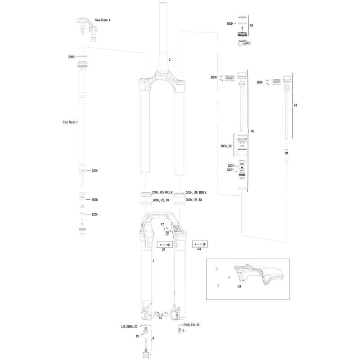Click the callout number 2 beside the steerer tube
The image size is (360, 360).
pyautogui.click(x=170, y=60)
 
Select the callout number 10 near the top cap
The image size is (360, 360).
pyautogui.click(x=251, y=26)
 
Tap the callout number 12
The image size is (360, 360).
pyautogui.click(x=248, y=43)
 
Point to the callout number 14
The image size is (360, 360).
pyautogui.click(x=295, y=105)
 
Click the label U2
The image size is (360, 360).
pyautogui.click(x=252, y=131)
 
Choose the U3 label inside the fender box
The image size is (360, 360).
pyautogui.click(x=239, y=287)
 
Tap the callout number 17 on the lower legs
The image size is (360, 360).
pyautogui.click(x=162, y=225)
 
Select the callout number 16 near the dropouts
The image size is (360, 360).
pyautogui.click(x=161, y=318)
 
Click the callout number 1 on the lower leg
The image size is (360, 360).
pyautogui.click(x=153, y=261)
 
